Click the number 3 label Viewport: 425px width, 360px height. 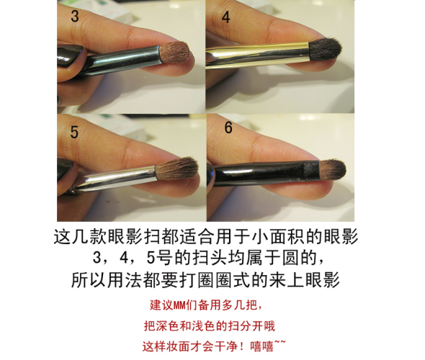pyautogui.click(x=74, y=17)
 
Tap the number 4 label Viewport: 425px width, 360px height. pyautogui.click(x=225, y=17)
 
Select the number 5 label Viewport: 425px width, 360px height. pyautogui.click(x=74, y=132)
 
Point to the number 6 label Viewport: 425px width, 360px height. pyautogui.click(x=228, y=127)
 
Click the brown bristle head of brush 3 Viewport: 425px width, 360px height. pyautogui.click(x=174, y=53)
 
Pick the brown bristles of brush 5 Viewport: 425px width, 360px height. pyautogui.click(x=176, y=168)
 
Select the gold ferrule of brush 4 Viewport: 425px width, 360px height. pyautogui.click(x=257, y=55)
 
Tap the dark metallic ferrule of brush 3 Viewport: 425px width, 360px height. pyautogui.click(x=122, y=61)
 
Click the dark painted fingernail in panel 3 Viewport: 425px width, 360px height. pyautogui.click(x=69, y=55)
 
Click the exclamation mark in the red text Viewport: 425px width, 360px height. pyautogui.click(x=242, y=346)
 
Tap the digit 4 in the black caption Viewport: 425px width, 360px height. pyautogui.click(x=124, y=257)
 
